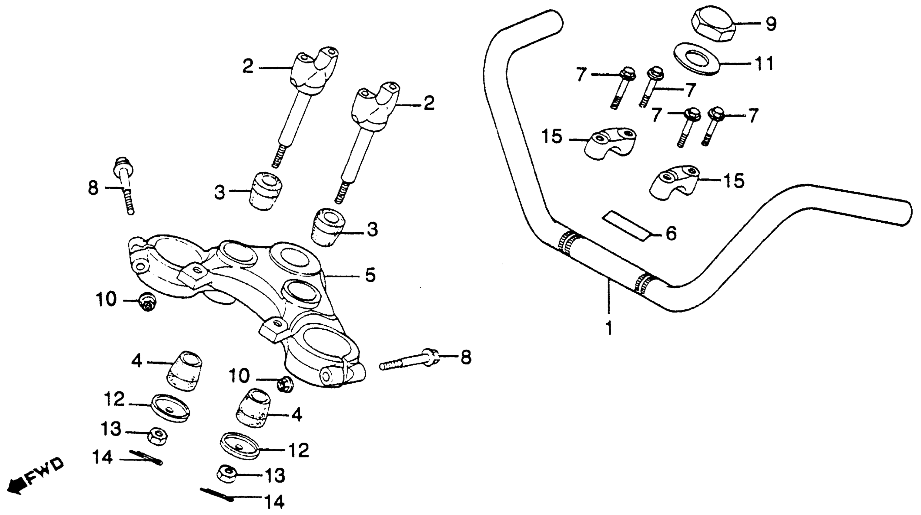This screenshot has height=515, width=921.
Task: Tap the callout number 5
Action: click(x=370, y=275)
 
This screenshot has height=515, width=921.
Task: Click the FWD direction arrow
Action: click(x=34, y=476)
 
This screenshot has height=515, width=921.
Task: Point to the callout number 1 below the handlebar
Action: click(x=609, y=328)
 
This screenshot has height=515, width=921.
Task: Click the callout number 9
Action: click(x=771, y=24)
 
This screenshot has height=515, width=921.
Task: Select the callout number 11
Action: click(x=764, y=64)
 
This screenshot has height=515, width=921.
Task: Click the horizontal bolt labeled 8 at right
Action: click(x=409, y=361)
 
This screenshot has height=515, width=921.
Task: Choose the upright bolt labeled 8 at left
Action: click(x=126, y=186)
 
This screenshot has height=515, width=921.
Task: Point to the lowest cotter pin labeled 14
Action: click(x=216, y=494)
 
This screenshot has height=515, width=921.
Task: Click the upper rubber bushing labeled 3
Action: click(x=266, y=190)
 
